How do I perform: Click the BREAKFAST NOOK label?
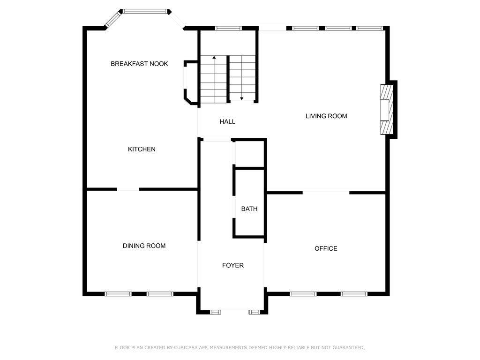[139, 64]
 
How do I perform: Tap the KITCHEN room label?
[142, 149]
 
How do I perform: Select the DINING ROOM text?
[144, 246]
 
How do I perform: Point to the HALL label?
[227, 121]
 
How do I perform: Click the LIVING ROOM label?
[326, 116]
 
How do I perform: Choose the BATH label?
[249, 209]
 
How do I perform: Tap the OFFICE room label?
[326, 248]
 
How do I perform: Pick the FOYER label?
[233, 265]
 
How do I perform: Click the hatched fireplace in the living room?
[386, 109]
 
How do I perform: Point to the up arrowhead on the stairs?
[214, 57]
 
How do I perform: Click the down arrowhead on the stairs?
[241, 98]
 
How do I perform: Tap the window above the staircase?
[228, 28]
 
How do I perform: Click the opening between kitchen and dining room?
[128, 189]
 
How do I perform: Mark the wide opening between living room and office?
[326, 193]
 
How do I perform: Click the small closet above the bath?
[249, 154]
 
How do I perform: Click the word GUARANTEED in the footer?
[348, 347]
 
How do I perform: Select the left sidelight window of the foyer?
[216, 312]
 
